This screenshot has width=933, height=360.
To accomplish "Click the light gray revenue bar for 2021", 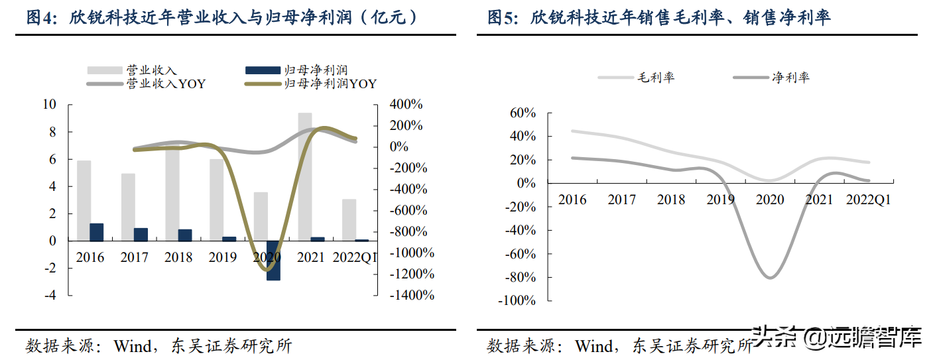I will pos(304,176).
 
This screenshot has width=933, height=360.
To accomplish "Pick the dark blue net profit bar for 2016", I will pos(97,232).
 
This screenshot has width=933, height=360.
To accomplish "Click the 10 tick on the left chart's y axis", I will pos(49,104).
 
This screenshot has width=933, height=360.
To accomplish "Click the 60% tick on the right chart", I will pos(522,113).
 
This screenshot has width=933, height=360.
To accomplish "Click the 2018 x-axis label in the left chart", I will pos(178,257).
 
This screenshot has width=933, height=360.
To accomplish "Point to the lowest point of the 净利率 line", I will pos(770,277).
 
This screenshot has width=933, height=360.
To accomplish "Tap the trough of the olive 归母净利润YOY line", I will pos(267,269).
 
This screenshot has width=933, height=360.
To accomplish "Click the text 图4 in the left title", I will pos(41,18).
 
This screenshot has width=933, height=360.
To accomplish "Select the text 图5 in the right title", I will pos(502,18).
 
